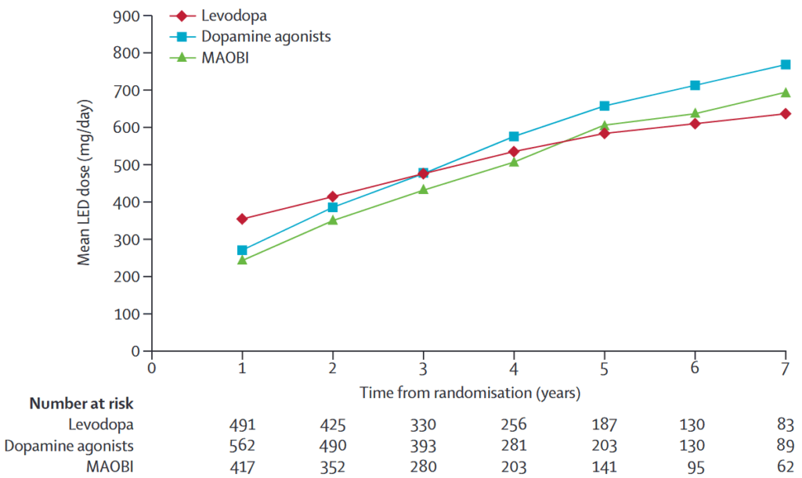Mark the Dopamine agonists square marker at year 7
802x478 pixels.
(x=785, y=65)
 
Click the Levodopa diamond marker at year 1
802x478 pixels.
(x=243, y=219)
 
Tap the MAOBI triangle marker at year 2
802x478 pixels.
(x=333, y=221)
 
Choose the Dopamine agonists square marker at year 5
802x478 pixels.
(x=604, y=106)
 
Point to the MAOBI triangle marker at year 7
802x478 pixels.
(x=785, y=92)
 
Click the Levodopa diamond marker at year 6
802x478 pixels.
(x=695, y=124)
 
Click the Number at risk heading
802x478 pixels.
(x=81, y=404)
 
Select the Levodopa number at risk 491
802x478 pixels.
(x=243, y=426)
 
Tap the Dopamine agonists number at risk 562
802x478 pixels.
(x=243, y=447)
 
